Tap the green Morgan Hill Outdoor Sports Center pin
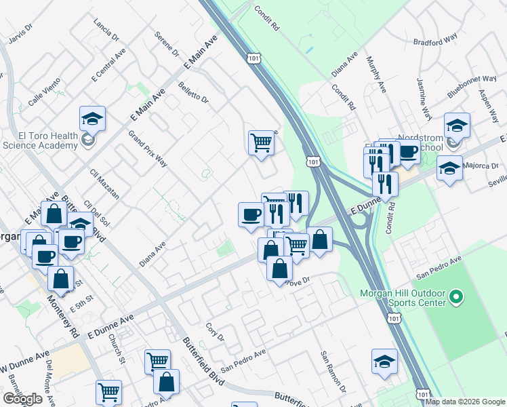pyautogui.click(x=456, y=296)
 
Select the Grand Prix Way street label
pyautogui.click(x=147, y=149)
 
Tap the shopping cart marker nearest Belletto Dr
pyautogui.click(x=261, y=143)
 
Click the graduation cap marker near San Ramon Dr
pyautogui.click(x=384, y=362)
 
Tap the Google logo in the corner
pyautogui.click(x=22, y=399)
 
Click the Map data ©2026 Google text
pyautogui.click(x=466, y=402)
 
